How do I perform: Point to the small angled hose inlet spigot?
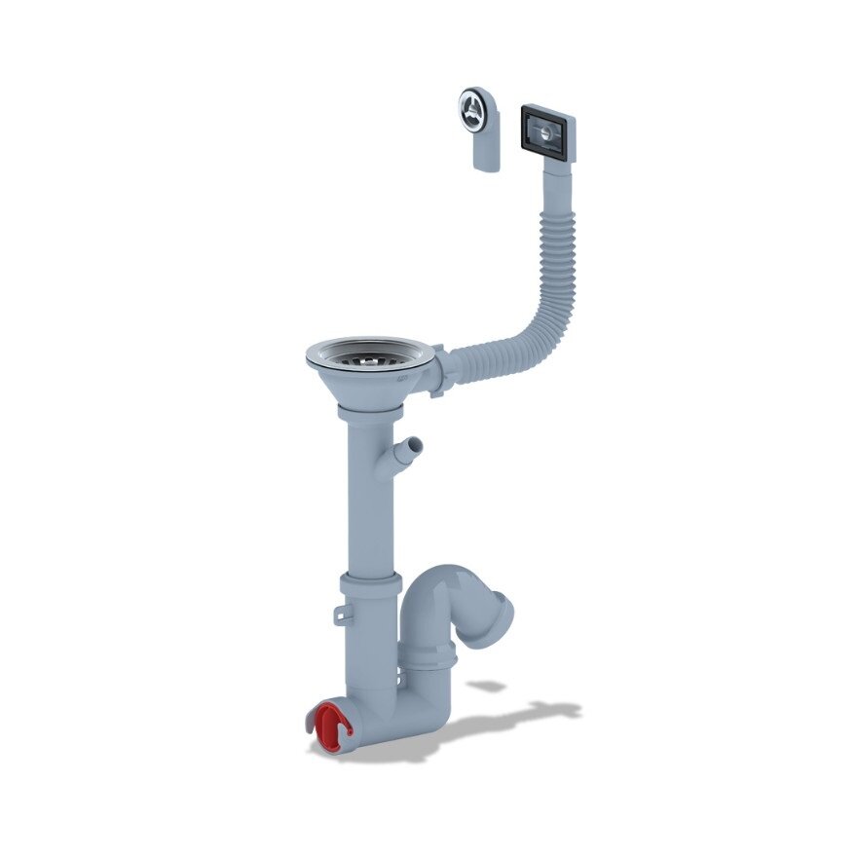coord(410,451)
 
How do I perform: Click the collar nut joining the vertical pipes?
coord(370,587)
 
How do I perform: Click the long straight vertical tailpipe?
coord(370,506)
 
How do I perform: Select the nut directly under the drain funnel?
coord(370,413)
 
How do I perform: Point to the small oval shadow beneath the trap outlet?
coord(486,687)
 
